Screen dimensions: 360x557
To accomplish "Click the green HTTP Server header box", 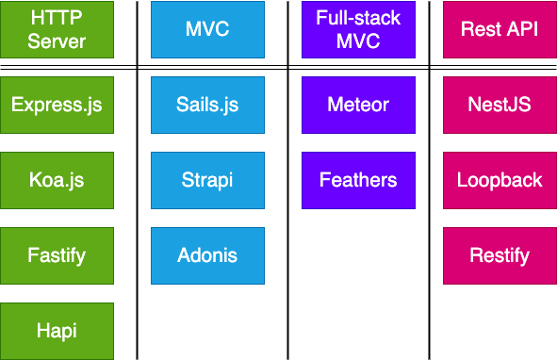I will coord(57,29).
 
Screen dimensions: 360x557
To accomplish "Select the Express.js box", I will coord(57,105).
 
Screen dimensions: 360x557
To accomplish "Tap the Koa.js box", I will coord(57,180).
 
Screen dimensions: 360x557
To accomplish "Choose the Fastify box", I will coord(57,255).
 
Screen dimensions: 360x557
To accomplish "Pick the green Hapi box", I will coord(57,331).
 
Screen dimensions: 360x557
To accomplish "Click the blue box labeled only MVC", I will coord(207,29).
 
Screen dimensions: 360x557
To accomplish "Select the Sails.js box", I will coord(207,105).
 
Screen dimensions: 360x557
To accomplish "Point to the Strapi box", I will coord(207,180).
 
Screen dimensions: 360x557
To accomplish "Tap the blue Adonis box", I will coord(207,255).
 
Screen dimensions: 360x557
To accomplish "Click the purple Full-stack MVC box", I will coord(358,29).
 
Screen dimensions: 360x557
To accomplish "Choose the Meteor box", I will coord(358,105).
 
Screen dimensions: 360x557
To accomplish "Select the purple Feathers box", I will coord(358,180).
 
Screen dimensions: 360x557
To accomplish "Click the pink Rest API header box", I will coord(500,29).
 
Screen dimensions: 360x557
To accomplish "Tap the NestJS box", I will coord(500,105).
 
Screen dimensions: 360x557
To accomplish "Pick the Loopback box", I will coord(500,180).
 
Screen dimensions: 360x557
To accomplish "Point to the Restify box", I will coord(500,255).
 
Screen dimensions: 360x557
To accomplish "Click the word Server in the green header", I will coord(57,41).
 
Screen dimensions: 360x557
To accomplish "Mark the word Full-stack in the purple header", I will coord(358,18).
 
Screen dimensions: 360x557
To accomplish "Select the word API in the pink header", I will coord(521,29).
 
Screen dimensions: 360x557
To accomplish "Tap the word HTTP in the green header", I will coord(57,18).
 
